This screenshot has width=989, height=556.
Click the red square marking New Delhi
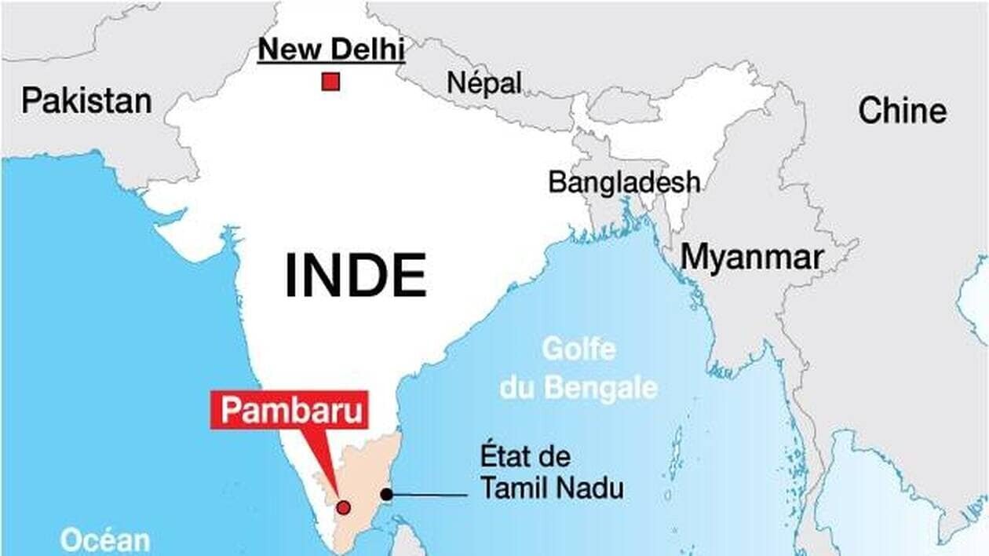point(330,82)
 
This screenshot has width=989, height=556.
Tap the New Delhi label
point(331,50)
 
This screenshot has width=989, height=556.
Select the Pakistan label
point(86,101)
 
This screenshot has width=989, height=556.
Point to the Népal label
point(484,82)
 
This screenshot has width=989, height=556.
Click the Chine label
point(902,111)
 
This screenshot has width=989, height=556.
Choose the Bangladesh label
point(624,182)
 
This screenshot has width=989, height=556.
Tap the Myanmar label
point(752,258)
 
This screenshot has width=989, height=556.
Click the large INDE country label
point(355,276)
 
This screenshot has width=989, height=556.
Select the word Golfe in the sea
point(578,349)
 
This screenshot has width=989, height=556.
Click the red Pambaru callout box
point(289,410)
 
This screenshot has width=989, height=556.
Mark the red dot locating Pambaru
point(343,507)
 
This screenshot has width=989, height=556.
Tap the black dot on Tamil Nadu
point(386,494)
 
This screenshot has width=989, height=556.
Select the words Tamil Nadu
point(552,488)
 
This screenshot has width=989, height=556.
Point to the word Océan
point(105,541)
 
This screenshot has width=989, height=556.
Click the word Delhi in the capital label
point(367,50)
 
